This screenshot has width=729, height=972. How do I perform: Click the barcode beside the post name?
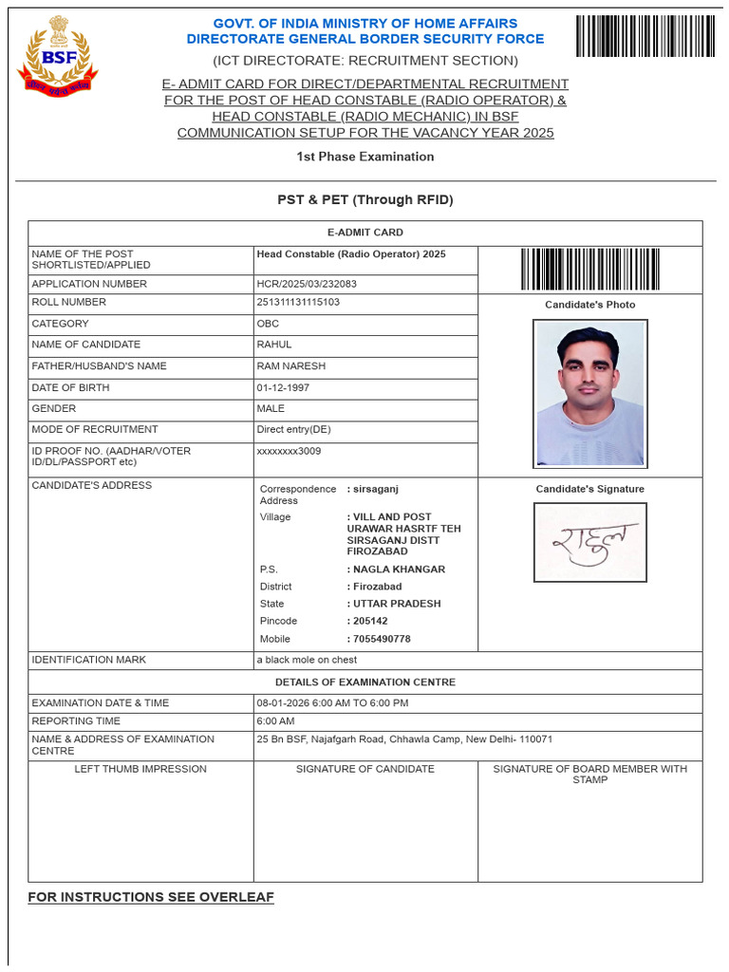589,269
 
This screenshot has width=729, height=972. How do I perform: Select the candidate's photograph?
589,393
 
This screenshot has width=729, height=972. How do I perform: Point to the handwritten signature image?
589,542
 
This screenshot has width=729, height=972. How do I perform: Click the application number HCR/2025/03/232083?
308,284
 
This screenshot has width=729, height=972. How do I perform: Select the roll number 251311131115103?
298,302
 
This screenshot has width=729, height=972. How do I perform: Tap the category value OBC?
268,324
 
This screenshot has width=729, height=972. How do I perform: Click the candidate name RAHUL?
274,345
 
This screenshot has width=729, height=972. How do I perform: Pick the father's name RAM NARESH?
290,366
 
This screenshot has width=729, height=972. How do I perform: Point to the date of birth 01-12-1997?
283,388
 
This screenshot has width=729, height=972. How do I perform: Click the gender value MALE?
271,409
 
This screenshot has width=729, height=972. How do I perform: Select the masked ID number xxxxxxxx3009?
289,451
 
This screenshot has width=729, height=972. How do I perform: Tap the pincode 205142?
369,621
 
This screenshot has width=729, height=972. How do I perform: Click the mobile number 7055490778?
381,639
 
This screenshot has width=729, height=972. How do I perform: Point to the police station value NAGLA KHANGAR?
398,570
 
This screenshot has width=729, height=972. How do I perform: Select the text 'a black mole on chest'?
307,660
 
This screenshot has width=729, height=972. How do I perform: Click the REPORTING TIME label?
76,721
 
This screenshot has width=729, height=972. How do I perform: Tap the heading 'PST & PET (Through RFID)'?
364,200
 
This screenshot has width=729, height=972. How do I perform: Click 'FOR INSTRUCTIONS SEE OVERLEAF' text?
151,897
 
